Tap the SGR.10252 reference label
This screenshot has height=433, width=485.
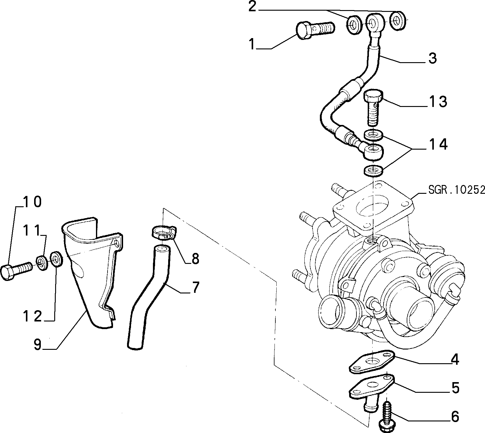pyautogui.click(x=456, y=190)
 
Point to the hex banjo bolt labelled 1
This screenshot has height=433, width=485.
pyautogui.click(x=315, y=30)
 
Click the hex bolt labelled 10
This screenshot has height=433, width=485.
pyautogui.click(x=16, y=269)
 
